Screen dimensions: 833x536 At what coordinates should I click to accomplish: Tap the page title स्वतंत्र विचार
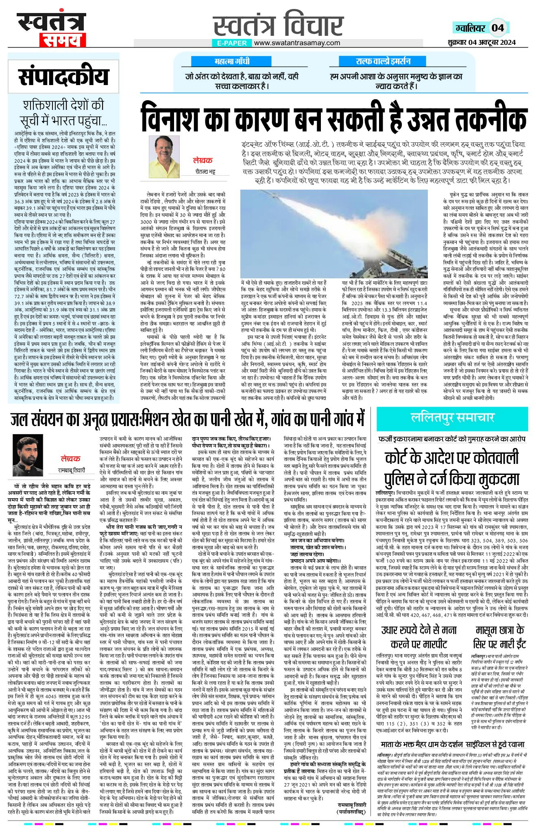(x=279, y=24)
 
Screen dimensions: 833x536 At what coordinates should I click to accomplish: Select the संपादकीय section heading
(x=63, y=77)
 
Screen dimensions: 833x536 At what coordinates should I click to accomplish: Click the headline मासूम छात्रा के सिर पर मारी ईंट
(x=499, y=637)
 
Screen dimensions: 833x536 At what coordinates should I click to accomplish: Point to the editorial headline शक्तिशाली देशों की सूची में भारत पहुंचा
(x=63, y=113)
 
